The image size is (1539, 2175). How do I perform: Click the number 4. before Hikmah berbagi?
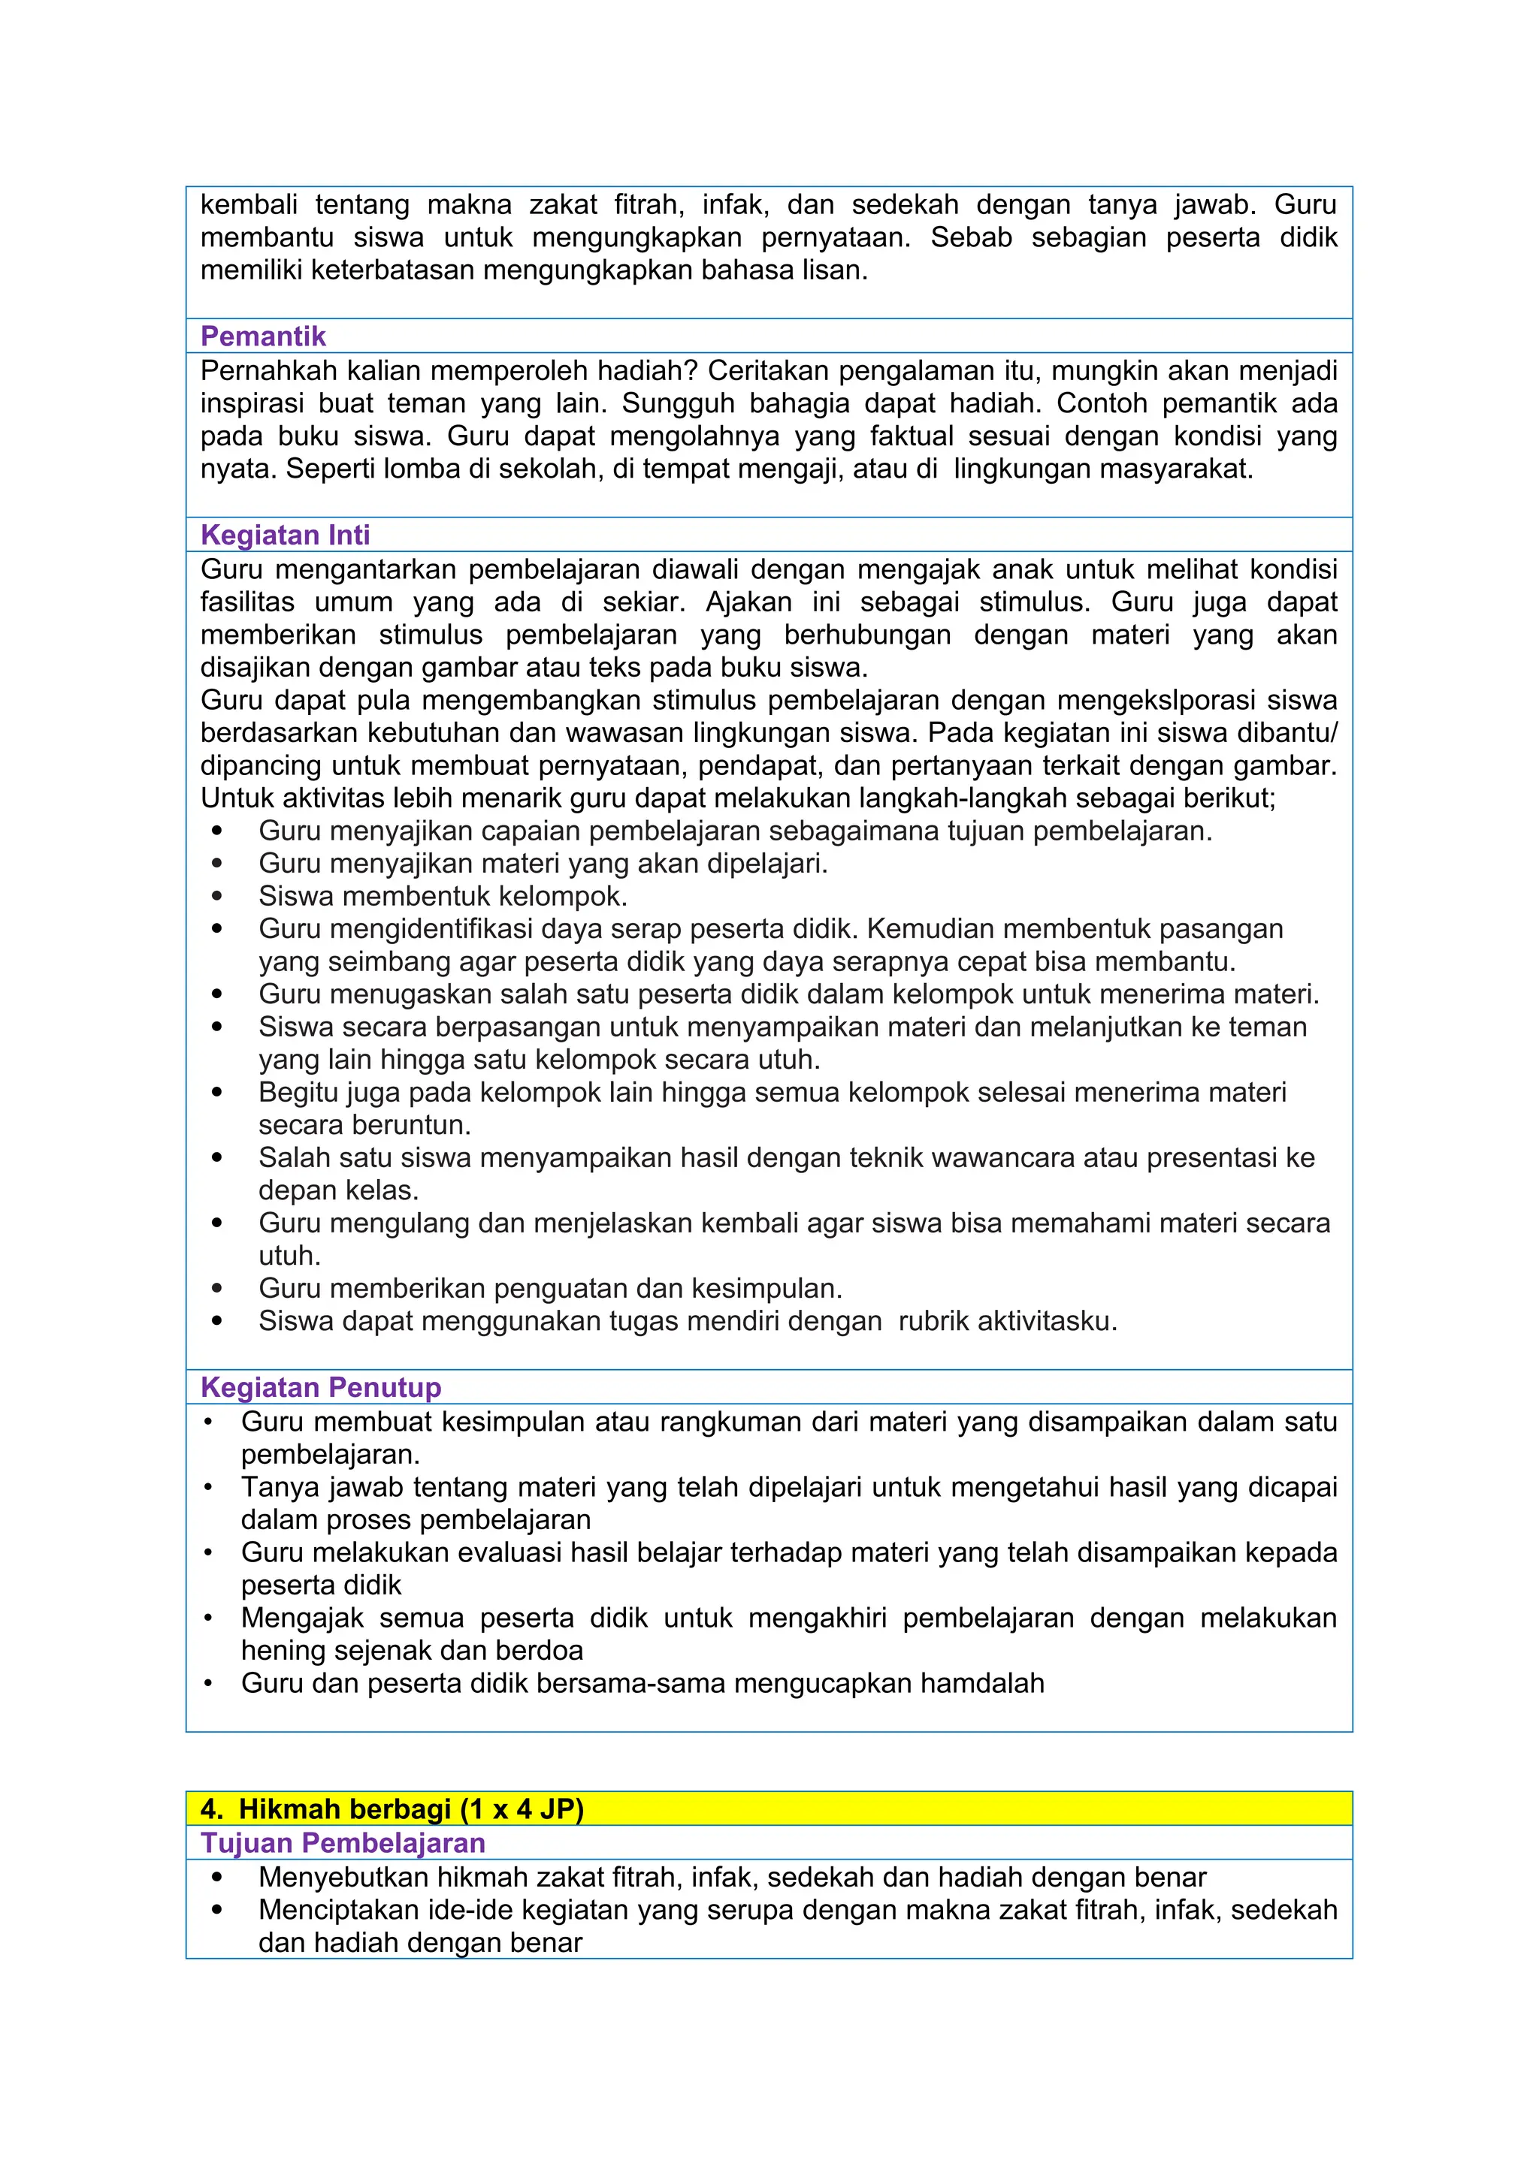(211, 1808)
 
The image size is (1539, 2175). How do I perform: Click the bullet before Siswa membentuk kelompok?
(217, 895)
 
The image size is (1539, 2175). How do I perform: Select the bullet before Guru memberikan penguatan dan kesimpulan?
(217, 1288)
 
